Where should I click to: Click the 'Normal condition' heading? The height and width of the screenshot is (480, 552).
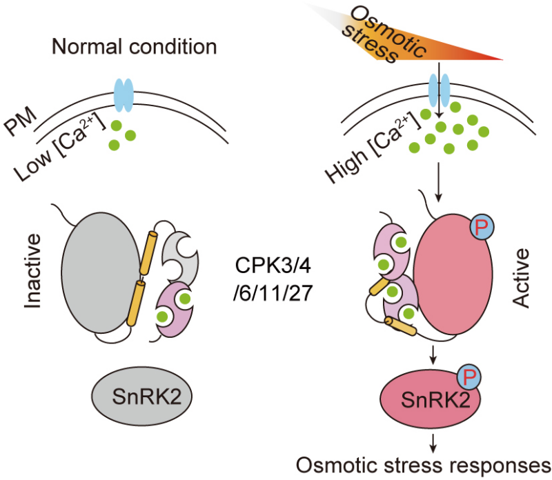pos(135,47)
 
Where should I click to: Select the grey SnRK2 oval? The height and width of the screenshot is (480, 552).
pos(141,396)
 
